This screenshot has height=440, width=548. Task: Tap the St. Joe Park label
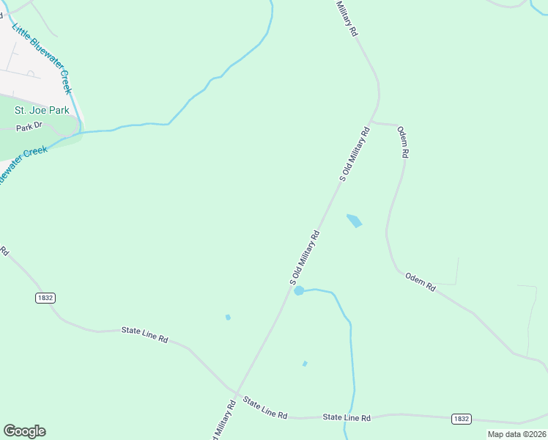[x=42, y=110]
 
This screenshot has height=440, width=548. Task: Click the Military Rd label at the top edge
[x=347, y=18]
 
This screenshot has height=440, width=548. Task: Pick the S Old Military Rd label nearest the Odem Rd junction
[x=355, y=153]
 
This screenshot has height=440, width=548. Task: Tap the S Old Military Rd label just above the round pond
[x=306, y=257]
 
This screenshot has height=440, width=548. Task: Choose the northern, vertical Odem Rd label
[x=403, y=142]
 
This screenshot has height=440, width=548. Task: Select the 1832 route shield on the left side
[x=45, y=298]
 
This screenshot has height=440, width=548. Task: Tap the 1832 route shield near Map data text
[x=460, y=419]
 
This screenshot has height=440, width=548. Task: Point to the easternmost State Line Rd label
[x=347, y=417]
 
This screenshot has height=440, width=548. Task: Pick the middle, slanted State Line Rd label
[x=264, y=408]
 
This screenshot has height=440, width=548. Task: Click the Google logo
[x=24, y=431]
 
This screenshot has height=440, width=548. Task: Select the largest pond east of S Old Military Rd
[x=355, y=220]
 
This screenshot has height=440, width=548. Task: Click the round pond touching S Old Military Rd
[x=299, y=291]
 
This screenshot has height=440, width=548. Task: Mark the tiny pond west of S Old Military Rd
[x=228, y=317]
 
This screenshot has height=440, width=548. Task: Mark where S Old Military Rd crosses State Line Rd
[x=237, y=394]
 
